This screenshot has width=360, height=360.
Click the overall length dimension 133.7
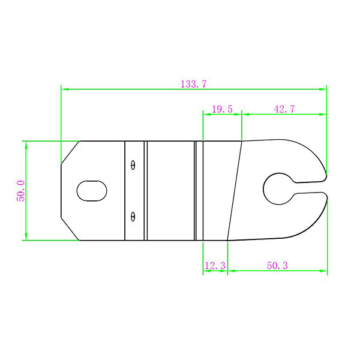click(193, 84)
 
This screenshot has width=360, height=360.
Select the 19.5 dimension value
click(222, 109)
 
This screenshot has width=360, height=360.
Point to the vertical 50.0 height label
click(20, 191)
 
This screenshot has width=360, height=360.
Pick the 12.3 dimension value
click(215, 265)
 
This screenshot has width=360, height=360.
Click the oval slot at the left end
click(92, 191)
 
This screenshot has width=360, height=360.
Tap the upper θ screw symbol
click(133, 166)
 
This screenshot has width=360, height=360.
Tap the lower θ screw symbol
click(133, 215)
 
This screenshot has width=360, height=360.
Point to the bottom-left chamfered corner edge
click(70, 230)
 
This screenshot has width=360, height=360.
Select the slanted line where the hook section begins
click(235, 191)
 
